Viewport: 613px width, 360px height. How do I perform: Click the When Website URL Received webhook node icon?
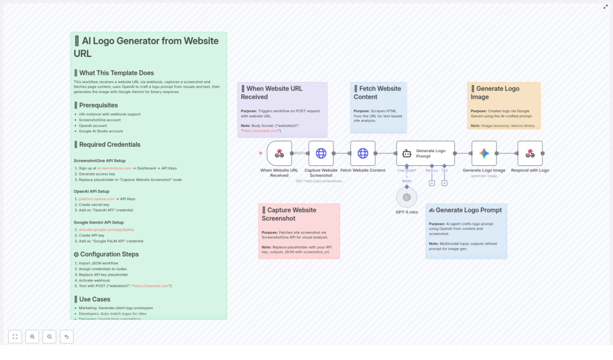point(279,153)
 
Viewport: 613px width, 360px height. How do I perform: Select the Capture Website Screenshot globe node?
point(321,153)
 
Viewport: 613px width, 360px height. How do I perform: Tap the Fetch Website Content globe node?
point(363,153)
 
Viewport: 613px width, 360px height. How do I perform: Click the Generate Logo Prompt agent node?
point(425,153)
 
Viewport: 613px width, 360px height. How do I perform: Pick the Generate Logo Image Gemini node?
point(484,153)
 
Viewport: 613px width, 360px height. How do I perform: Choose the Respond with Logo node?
point(530,153)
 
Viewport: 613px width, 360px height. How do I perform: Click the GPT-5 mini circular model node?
point(406,197)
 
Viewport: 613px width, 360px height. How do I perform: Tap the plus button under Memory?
point(432,183)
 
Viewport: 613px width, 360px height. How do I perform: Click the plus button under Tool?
point(444,183)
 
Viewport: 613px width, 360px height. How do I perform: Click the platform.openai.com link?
point(96,199)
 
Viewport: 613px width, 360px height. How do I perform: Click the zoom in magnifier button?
point(32,337)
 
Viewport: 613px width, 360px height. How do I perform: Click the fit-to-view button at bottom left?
point(15,337)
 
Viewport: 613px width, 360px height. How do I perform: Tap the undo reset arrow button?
point(66,337)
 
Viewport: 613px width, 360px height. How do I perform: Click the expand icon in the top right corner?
point(605,7)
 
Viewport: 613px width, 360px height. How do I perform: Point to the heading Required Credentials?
point(110,144)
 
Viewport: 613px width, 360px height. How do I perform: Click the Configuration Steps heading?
point(108,254)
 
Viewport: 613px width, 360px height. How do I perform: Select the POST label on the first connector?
point(299,153)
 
